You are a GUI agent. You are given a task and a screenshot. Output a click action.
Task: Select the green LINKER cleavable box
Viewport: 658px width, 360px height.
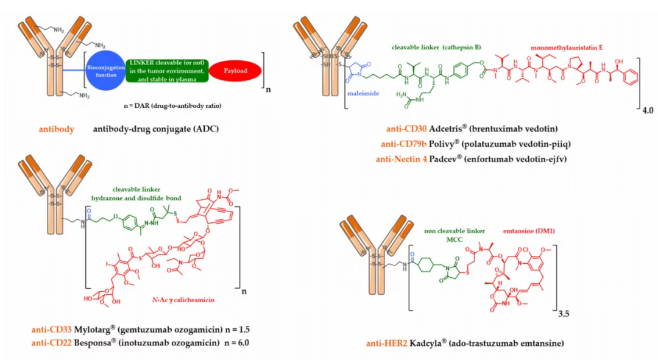(x=167, y=71)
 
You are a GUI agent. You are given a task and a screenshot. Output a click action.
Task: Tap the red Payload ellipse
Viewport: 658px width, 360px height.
(x=235, y=71)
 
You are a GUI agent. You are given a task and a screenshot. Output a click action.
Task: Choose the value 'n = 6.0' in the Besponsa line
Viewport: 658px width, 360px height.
(x=243, y=343)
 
